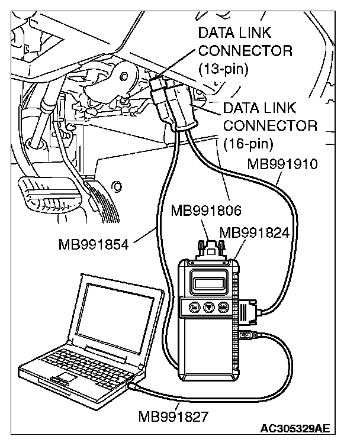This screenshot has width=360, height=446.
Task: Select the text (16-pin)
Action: pyautogui.click(x=249, y=143)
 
